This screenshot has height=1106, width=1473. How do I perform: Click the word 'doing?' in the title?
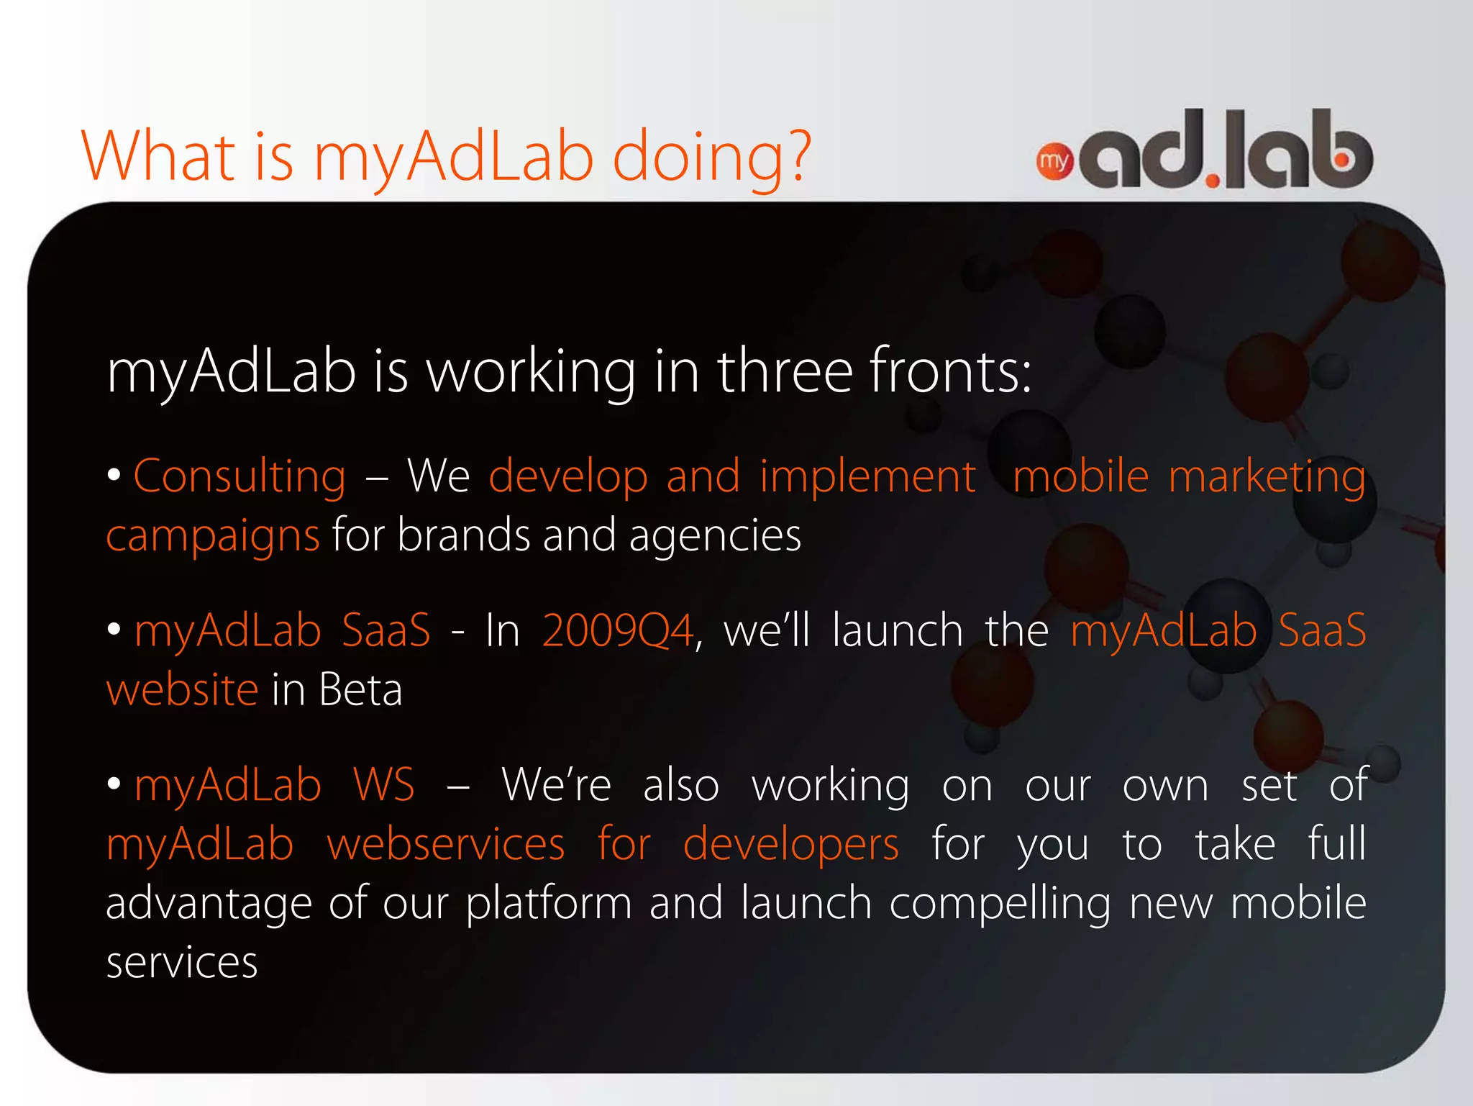(x=711, y=157)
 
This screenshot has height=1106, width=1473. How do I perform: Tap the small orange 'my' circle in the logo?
(x=1054, y=162)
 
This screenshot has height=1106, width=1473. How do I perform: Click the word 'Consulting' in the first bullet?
(x=240, y=476)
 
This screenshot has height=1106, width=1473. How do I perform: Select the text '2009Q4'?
(x=618, y=631)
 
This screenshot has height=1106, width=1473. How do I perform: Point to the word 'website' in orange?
(x=182, y=690)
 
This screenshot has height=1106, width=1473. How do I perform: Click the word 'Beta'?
(x=360, y=690)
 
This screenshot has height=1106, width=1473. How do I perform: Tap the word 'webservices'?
(x=445, y=844)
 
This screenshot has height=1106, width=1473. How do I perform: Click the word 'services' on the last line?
(x=182, y=963)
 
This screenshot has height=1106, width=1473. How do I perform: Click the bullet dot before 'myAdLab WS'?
(x=114, y=784)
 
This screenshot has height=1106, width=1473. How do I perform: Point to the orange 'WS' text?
(x=383, y=785)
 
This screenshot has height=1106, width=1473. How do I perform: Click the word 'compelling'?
(x=1000, y=905)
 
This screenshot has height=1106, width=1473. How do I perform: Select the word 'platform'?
(x=549, y=905)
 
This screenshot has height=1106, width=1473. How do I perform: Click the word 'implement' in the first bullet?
(x=867, y=477)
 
